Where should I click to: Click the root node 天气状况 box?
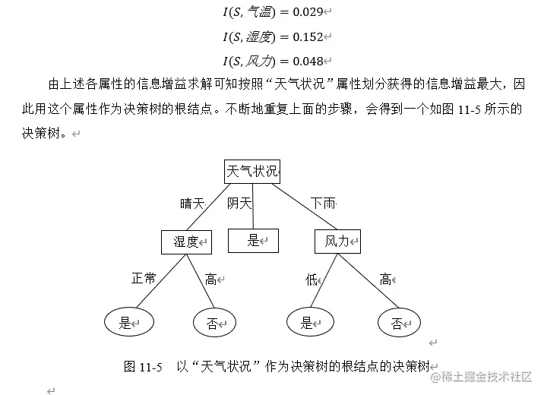[252, 172]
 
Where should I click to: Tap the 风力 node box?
[337, 242]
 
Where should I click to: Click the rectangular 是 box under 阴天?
[253, 241]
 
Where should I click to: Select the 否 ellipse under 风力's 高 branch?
[399, 324]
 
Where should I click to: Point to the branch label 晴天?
[192, 204]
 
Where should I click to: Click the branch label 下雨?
[323, 204]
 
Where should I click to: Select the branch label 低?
[312, 280]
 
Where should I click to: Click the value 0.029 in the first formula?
[308, 12]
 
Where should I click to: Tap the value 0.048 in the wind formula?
[308, 62]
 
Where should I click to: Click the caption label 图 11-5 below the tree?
[143, 366]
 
